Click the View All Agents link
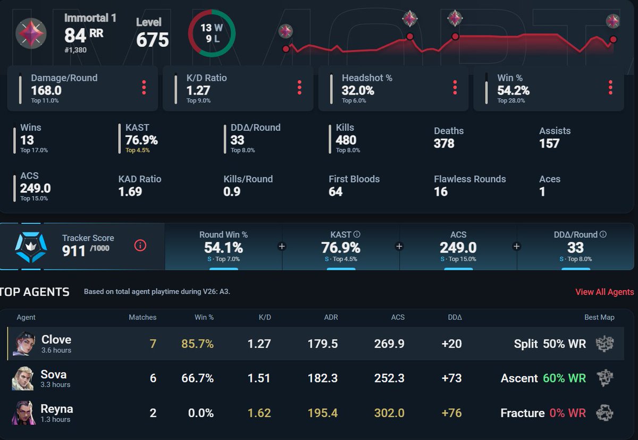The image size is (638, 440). (605, 292)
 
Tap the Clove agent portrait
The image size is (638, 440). (24, 343)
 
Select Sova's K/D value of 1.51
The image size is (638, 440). (259, 378)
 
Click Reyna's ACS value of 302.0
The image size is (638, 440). (389, 413)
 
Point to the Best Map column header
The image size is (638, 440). (599, 317)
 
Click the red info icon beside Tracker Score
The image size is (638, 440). (140, 246)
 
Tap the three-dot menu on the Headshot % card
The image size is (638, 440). (455, 87)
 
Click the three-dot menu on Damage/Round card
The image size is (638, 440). (144, 87)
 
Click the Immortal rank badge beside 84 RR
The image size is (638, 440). (31, 33)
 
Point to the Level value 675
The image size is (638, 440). (153, 39)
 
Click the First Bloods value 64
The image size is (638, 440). (335, 191)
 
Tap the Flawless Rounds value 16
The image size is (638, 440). (441, 191)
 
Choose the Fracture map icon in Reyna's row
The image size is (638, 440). (605, 413)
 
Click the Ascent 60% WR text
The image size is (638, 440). (543, 378)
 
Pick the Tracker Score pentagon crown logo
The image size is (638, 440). (31, 247)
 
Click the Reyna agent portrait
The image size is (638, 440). (23, 413)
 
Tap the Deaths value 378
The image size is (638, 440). (444, 143)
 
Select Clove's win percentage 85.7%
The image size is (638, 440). (197, 344)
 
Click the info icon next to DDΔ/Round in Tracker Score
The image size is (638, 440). (603, 234)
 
